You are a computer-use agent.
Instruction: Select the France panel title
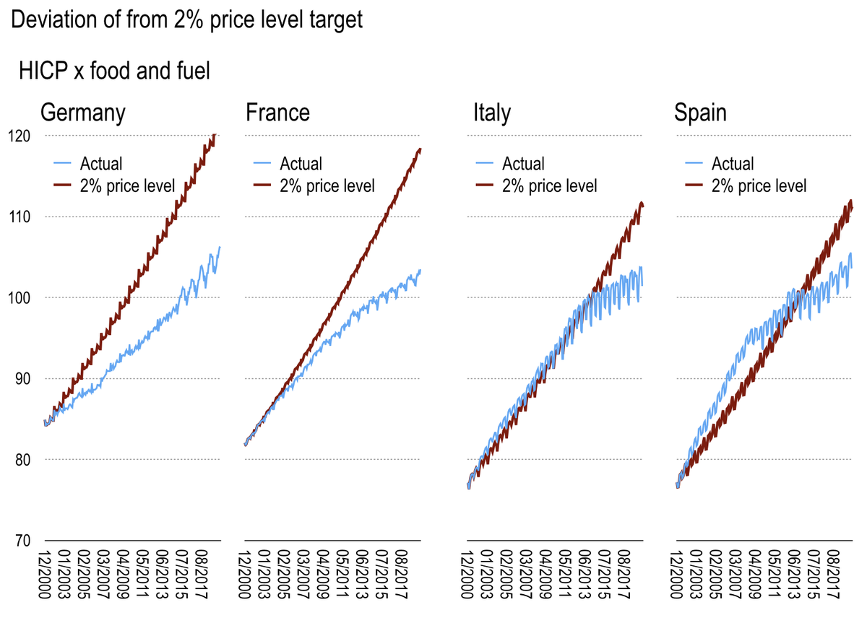click(x=277, y=113)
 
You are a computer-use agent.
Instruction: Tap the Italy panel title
click(x=491, y=113)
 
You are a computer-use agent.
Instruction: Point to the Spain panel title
click(x=700, y=113)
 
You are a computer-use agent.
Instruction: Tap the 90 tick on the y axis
click(x=21, y=378)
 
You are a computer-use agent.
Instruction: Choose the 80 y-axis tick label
click(x=21, y=460)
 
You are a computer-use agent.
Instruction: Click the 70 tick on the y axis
click(x=21, y=541)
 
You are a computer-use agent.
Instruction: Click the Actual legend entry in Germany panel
click(x=101, y=164)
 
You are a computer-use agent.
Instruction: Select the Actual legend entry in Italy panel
click(x=523, y=164)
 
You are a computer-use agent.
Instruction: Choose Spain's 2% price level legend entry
click(x=758, y=186)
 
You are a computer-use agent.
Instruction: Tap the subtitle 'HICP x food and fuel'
click(x=113, y=71)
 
